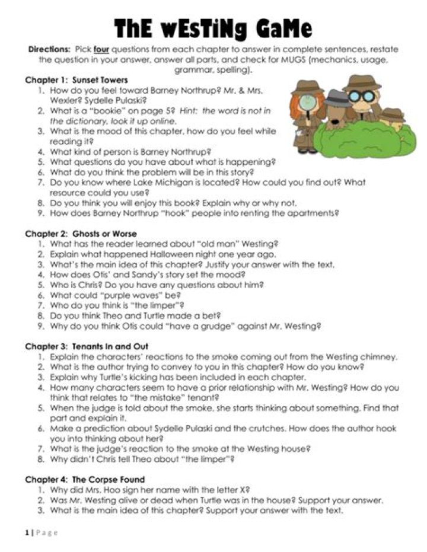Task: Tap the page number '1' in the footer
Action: [x=27, y=532]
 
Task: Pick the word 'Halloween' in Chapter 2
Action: [x=142, y=254]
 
